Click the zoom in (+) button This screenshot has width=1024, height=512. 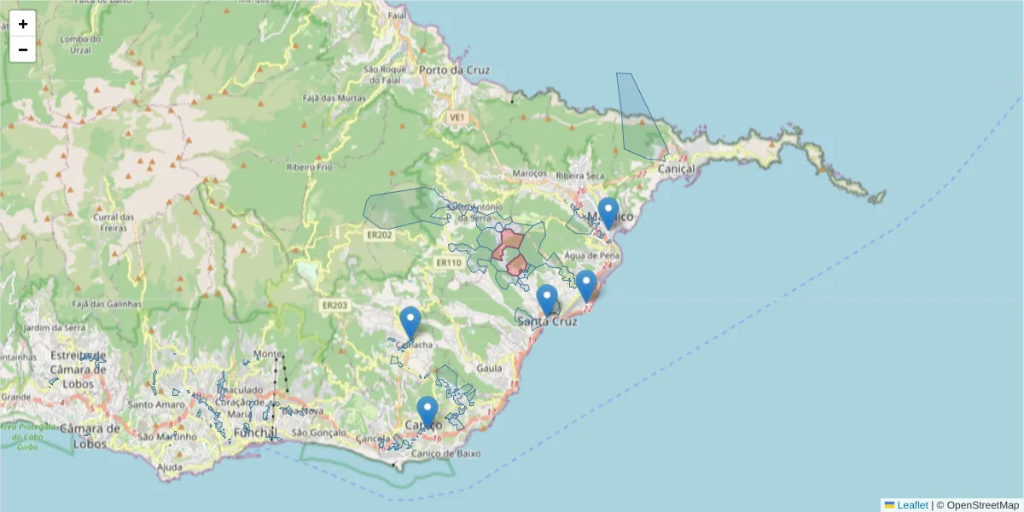(x=23, y=24)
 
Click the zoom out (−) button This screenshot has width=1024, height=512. (x=23, y=49)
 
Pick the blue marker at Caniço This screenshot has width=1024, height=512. (x=428, y=412)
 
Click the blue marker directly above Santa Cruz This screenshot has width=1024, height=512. (x=547, y=300)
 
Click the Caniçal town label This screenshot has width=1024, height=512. (x=677, y=170)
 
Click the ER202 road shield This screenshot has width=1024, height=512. (x=380, y=235)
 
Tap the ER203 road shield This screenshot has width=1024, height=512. (x=335, y=305)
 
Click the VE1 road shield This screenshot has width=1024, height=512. (x=458, y=116)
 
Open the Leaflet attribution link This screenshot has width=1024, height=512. (x=912, y=505)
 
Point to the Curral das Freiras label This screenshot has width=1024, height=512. (x=113, y=222)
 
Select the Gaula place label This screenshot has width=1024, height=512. (x=489, y=368)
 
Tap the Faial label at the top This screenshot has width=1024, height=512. (x=397, y=15)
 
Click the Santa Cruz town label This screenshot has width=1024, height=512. (x=547, y=322)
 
